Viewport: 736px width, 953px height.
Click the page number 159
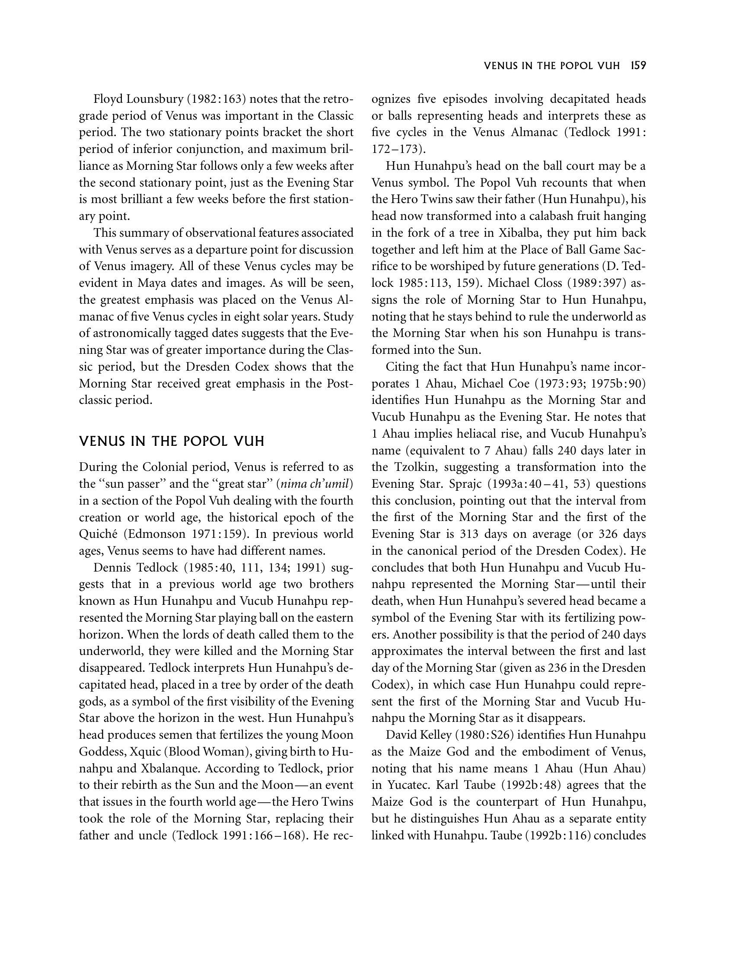(x=638, y=66)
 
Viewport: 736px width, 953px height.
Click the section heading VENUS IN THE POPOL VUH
(x=172, y=441)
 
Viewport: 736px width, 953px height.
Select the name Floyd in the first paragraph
(x=108, y=99)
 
